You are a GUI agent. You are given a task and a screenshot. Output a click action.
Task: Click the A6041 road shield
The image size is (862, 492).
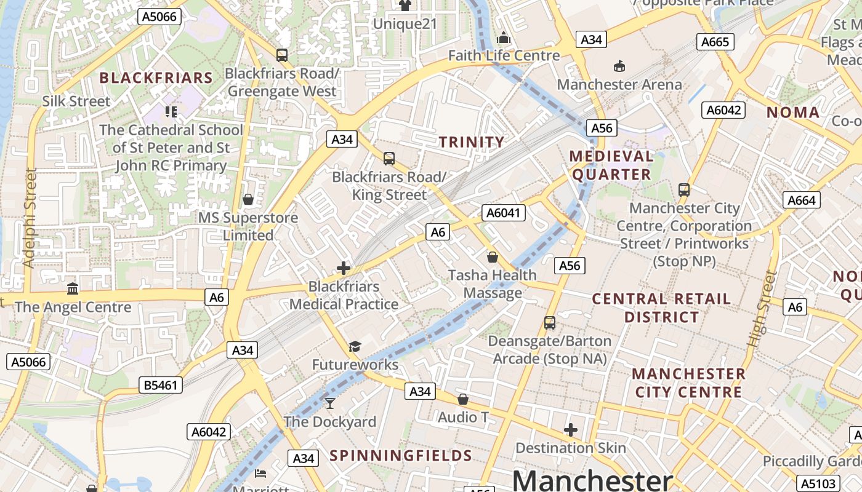[x=504, y=213]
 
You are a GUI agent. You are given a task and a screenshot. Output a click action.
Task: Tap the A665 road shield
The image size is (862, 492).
[x=715, y=42]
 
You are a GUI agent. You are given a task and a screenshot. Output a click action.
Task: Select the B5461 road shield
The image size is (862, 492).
[x=161, y=386]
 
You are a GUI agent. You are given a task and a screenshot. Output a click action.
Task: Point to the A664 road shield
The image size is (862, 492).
[x=801, y=200]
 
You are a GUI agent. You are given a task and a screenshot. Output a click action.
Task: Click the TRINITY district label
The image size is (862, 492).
[x=472, y=142]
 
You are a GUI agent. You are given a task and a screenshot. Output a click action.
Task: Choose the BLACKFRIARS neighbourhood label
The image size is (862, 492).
[x=156, y=77]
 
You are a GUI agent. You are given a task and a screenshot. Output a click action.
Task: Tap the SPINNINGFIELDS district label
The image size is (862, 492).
[x=401, y=456]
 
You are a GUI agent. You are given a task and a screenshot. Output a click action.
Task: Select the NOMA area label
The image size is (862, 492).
[x=793, y=113]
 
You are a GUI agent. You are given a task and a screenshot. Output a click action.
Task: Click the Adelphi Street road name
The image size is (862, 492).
[x=29, y=218]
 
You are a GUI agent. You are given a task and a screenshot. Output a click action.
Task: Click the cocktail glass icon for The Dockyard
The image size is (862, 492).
[x=330, y=403]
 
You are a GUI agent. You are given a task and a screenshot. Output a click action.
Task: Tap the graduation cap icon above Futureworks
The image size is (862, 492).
[x=355, y=346]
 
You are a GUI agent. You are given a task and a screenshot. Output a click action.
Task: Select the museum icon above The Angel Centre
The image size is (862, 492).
[x=73, y=288]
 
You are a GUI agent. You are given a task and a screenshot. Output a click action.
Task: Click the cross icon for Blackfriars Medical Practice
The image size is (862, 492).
[x=344, y=268]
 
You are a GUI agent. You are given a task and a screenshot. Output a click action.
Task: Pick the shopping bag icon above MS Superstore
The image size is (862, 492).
[x=248, y=199]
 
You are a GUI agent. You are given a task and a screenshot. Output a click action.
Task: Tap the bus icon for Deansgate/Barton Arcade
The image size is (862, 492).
[x=550, y=322]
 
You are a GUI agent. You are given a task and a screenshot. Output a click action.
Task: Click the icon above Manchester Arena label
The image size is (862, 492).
[x=619, y=66]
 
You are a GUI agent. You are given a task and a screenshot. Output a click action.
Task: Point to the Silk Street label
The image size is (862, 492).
[x=76, y=101]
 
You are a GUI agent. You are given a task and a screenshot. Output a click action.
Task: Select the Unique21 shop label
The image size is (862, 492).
[x=405, y=24]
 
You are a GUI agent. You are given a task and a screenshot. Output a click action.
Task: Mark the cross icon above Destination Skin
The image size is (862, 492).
[x=571, y=430]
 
